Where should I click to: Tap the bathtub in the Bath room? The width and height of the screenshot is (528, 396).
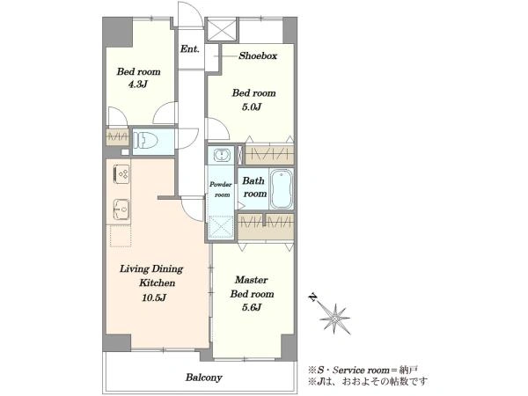[x=282, y=189]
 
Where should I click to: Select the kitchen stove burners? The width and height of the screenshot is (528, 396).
[x=121, y=174]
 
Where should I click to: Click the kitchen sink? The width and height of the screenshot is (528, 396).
[x=121, y=209]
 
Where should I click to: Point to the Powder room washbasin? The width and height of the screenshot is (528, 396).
[x=221, y=155]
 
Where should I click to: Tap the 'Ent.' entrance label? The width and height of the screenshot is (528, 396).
[x=190, y=48]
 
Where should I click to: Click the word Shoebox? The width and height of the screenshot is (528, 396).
[x=258, y=55]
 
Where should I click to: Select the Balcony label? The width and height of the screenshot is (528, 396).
[x=204, y=378]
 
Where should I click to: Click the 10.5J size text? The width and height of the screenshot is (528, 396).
[x=154, y=297]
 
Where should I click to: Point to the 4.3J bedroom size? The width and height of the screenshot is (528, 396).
[x=138, y=84]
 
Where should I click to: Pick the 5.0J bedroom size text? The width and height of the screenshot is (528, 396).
[x=252, y=107]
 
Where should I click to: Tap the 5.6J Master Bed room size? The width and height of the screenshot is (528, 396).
[x=252, y=307]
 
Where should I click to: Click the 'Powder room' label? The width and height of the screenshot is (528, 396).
[x=221, y=189]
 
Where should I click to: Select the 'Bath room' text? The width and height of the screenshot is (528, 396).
[x=254, y=187]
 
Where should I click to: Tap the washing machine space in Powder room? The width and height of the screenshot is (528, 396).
[x=221, y=227]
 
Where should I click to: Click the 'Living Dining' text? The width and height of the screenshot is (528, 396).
[x=151, y=268]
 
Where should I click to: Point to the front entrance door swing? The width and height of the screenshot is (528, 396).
[x=191, y=15]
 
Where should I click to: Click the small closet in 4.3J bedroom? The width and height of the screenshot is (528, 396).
[x=117, y=137]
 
